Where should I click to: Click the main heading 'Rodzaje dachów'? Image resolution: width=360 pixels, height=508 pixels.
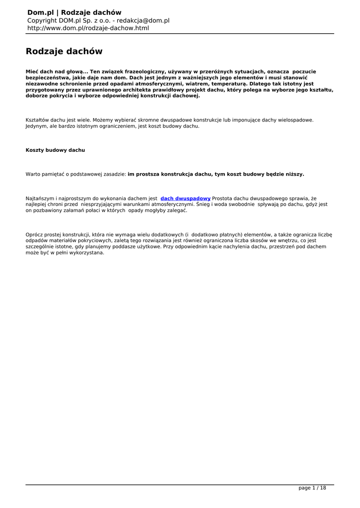[x=64, y=51]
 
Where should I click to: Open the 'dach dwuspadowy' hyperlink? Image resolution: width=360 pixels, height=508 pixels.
[x=185, y=198]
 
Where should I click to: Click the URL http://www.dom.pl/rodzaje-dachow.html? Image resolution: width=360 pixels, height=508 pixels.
[x=88, y=28]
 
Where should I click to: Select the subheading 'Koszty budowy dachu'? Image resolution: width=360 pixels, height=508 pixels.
[x=55, y=150]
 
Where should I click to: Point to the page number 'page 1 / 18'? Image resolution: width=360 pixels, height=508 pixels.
[x=312, y=488]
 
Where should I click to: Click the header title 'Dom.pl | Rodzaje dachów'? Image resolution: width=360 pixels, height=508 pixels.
[x=74, y=12]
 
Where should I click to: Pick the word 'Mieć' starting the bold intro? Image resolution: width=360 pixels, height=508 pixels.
[x=32, y=71]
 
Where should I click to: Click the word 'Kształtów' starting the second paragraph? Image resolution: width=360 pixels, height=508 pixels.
[x=37, y=120]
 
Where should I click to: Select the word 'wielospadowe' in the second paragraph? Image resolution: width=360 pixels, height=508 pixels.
[x=296, y=120]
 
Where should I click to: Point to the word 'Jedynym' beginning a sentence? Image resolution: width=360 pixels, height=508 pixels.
[x=36, y=126]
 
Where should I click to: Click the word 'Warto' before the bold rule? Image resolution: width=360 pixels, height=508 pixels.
[x=33, y=174]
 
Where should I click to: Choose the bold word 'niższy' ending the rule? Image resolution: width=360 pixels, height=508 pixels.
[x=293, y=174]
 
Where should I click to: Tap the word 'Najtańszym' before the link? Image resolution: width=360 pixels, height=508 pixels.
[x=41, y=198]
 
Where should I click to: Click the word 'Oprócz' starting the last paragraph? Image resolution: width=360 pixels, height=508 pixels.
[x=34, y=235]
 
